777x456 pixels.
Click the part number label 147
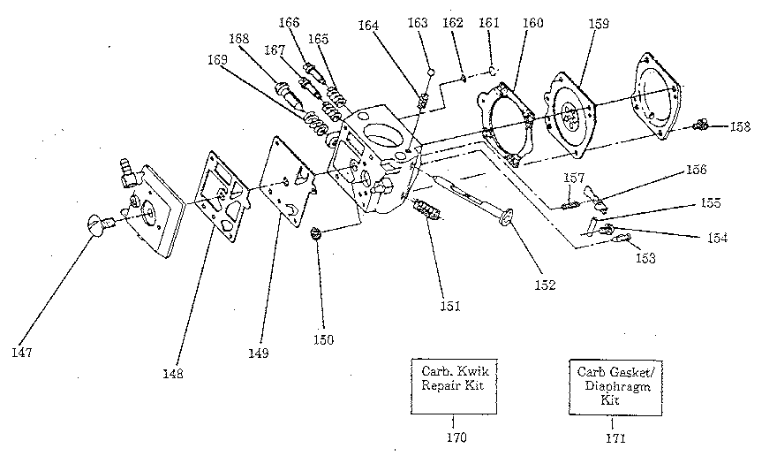click(x=21, y=353)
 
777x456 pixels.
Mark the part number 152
click(x=544, y=284)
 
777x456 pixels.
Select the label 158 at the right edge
click(x=741, y=126)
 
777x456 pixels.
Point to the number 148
click(x=173, y=373)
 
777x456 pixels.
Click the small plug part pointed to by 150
click(x=315, y=234)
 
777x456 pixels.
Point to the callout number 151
click(x=451, y=306)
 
